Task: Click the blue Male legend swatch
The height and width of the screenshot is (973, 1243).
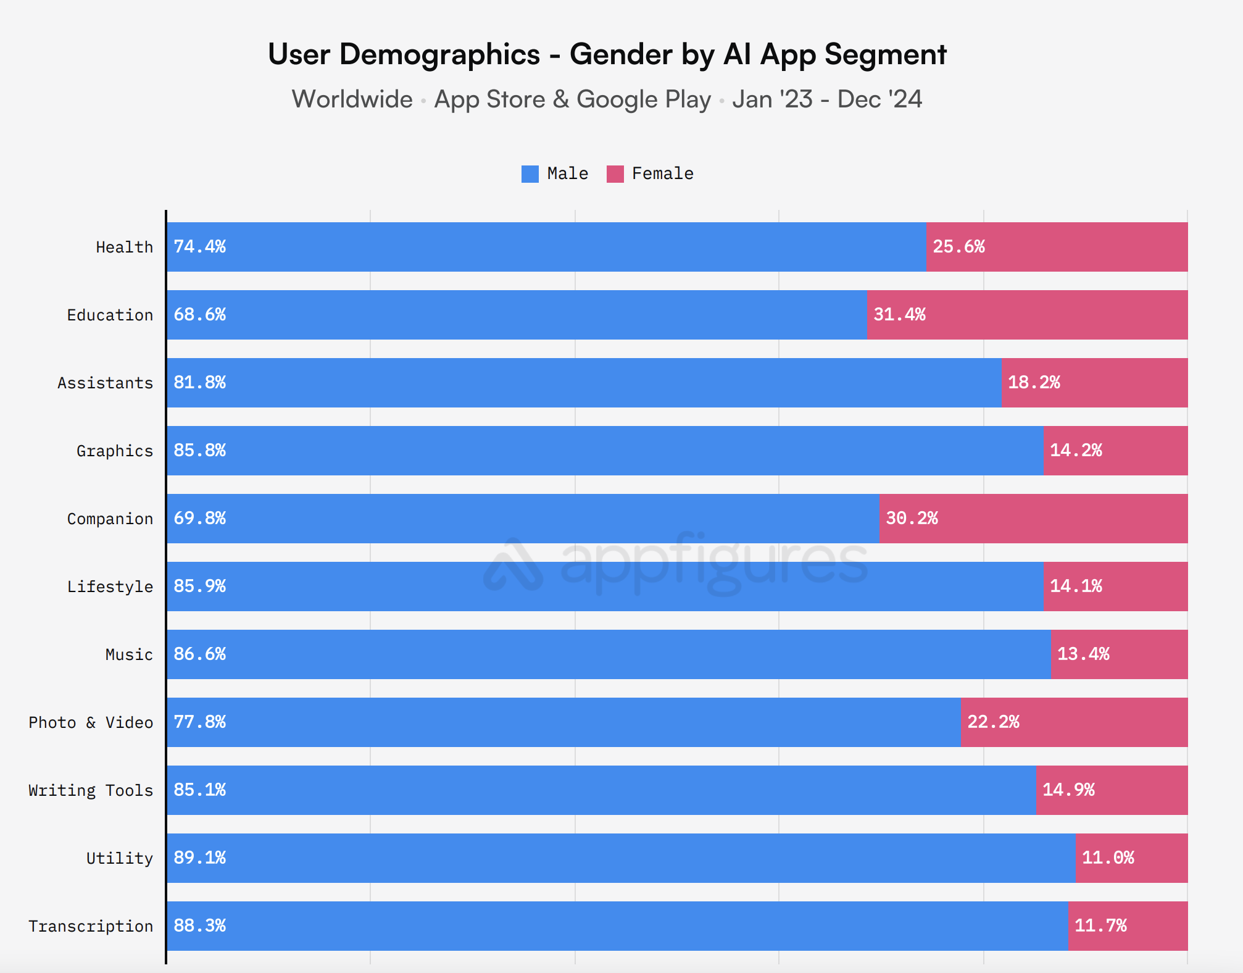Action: pos(530,174)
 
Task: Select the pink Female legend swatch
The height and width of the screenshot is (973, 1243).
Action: pos(615,174)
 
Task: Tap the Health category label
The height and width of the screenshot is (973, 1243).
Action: pos(124,248)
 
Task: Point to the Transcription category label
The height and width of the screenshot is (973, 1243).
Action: pos(91,926)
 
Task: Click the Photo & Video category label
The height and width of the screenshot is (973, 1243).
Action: pos(91,722)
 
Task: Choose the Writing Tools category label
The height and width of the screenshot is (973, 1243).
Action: pos(91,790)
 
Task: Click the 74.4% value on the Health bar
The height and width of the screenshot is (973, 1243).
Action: pos(199,247)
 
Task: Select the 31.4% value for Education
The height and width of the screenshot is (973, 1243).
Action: pos(899,315)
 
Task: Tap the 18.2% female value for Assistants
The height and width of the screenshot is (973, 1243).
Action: pos(1034,383)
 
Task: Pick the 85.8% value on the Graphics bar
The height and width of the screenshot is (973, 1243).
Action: pos(199,451)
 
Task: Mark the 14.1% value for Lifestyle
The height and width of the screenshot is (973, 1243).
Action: pos(1076,587)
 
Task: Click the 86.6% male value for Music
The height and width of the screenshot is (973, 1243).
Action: pos(199,654)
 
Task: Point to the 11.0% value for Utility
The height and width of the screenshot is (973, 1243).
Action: pos(1108,858)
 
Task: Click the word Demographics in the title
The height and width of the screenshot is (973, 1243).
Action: pos(439,54)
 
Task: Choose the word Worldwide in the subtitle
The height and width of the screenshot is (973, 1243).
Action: pos(352,99)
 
